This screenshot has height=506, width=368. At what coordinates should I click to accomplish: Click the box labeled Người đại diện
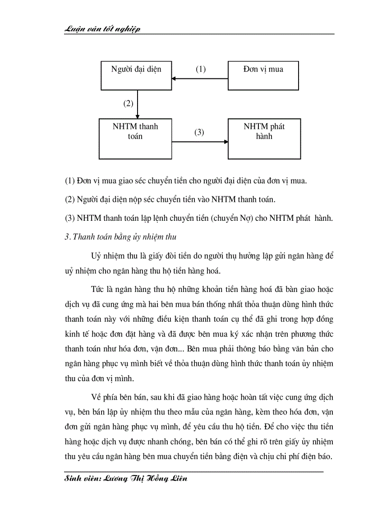(x=136, y=75)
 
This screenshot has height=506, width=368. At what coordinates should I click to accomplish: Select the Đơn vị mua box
(x=264, y=75)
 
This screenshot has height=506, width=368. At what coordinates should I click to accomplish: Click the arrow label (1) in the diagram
(x=200, y=69)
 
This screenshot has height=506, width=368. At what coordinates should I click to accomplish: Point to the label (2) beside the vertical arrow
(x=129, y=104)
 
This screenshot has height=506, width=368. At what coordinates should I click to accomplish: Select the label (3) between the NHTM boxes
(x=199, y=132)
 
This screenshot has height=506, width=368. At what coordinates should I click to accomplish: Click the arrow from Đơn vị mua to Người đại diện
(x=200, y=79)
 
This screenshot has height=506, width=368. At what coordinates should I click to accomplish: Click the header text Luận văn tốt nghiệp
(x=103, y=29)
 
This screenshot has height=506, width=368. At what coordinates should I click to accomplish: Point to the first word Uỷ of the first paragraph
(x=96, y=256)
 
